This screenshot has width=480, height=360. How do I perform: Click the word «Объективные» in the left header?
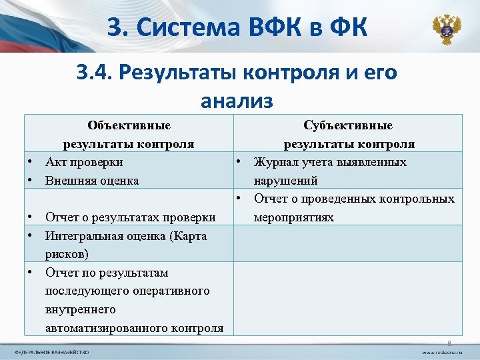(129, 125)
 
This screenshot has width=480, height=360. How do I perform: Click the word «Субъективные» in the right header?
(348, 125)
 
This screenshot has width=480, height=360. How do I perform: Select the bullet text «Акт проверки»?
(84, 162)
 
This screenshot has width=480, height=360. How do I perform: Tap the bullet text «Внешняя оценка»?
(92, 180)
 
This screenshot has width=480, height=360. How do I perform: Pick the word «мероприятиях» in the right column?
(294, 217)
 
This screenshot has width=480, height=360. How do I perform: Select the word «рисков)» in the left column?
(67, 254)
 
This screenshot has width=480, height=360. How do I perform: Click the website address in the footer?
(440, 351)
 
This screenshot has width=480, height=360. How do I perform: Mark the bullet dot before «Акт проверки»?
(31, 162)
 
